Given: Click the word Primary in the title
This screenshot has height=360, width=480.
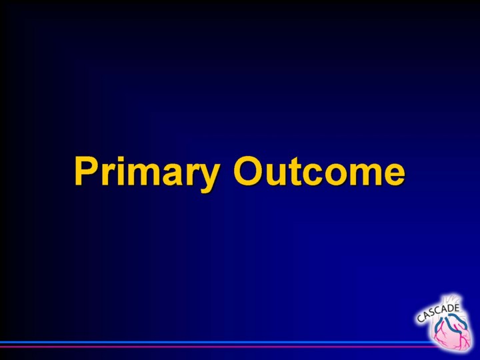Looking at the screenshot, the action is [147, 174].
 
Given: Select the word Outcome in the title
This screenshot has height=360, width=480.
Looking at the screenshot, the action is [319, 171].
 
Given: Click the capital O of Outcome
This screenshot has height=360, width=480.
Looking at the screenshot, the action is [249, 171].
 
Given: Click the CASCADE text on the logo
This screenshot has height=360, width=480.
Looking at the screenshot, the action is [439, 313].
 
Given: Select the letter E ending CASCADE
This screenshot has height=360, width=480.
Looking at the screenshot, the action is [457, 307].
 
